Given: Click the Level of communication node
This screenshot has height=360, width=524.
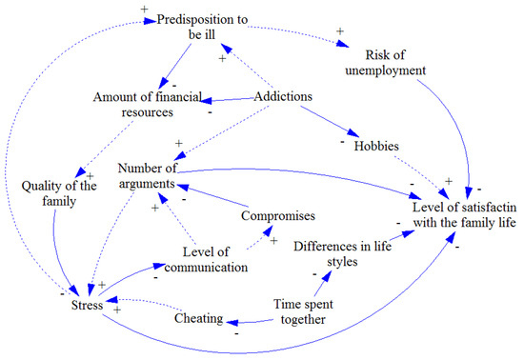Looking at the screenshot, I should [x=214, y=260].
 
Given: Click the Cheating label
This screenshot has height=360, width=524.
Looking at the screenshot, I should [x=199, y=318].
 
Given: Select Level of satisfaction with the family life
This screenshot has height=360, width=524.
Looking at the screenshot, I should [x=463, y=214].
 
